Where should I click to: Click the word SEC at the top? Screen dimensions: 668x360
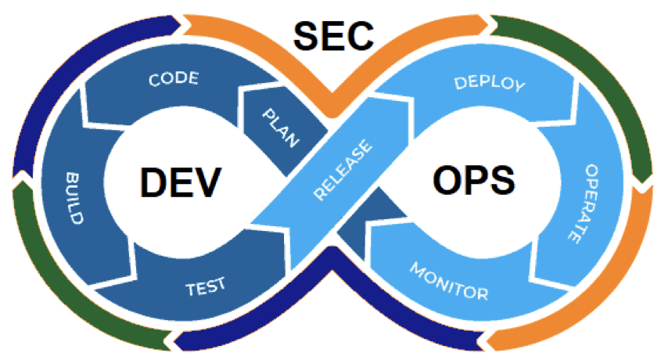[x=333, y=36]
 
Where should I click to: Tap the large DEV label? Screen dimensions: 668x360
[x=181, y=182]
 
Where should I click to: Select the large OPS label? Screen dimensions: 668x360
[x=474, y=180]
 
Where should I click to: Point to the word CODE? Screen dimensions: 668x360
[x=174, y=78]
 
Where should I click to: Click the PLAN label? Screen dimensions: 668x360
[x=281, y=128]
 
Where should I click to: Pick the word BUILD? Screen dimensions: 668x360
[x=74, y=198]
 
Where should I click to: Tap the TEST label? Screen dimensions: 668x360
[x=206, y=286]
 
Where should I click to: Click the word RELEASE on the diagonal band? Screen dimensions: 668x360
[x=343, y=170]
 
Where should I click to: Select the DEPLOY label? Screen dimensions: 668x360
[x=490, y=83]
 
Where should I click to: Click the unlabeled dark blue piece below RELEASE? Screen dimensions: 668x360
[x=370, y=221]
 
